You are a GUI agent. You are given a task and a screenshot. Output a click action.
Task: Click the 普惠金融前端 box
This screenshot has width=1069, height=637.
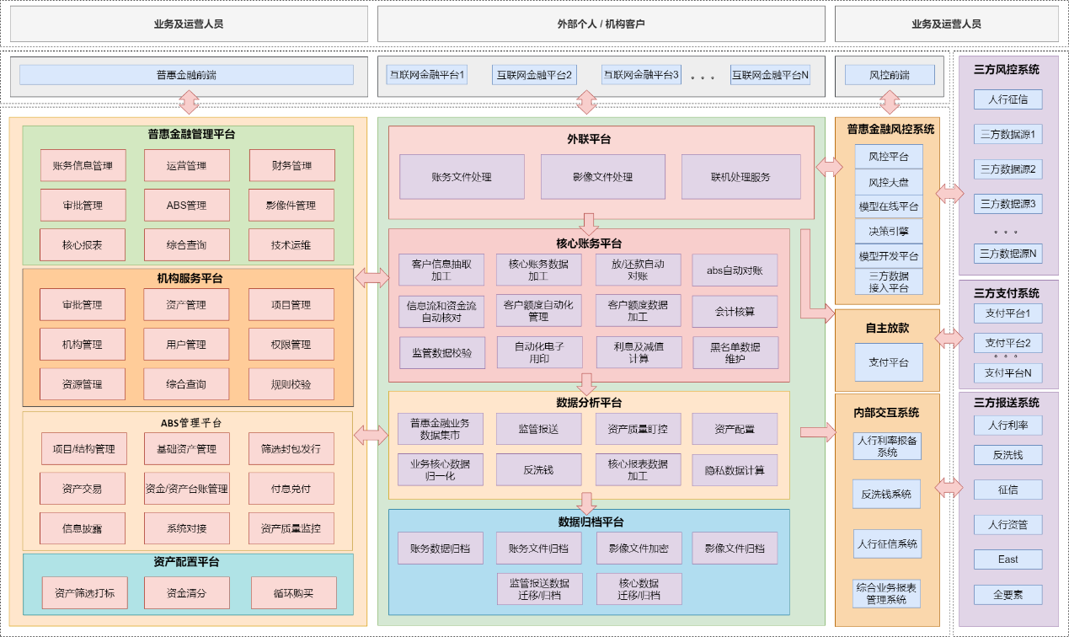[186, 75]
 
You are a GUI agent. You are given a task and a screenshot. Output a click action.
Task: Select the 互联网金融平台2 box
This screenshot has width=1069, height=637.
[533, 75]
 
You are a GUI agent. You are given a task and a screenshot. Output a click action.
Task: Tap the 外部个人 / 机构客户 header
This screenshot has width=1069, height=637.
[601, 24]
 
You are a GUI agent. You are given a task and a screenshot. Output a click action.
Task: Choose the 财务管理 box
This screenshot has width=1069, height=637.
[291, 165]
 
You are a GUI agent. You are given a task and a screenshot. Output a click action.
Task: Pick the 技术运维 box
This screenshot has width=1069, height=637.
[291, 245]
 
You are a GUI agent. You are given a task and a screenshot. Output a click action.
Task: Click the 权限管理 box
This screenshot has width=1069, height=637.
[291, 345]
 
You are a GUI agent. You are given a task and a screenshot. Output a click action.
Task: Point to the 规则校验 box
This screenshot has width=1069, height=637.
[291, 384]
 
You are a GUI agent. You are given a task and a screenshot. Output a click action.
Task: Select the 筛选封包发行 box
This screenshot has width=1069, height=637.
[291, 449]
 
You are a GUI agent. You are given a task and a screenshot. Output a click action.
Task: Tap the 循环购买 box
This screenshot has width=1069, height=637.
[293, 593]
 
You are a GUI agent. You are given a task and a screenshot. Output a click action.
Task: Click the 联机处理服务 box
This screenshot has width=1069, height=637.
[740, 177]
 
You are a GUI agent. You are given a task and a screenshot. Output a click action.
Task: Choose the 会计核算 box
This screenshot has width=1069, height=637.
[735, 312]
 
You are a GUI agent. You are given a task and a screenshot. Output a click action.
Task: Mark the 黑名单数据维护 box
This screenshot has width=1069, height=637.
[735, 352]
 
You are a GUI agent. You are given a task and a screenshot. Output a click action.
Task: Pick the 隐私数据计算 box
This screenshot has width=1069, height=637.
[735, 470]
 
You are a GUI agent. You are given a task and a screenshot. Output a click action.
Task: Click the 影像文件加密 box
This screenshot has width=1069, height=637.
[638, 549]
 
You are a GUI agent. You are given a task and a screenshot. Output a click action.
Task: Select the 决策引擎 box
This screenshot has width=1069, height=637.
[888, 231]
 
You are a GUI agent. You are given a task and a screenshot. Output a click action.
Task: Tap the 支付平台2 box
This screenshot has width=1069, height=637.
[1008, 343]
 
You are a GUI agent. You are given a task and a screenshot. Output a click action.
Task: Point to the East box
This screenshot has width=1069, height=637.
[1008, 559]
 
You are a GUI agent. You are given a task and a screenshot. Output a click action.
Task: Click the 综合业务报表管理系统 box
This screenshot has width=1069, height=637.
[886, 593]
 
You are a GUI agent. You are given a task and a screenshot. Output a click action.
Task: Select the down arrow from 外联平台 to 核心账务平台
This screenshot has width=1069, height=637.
[589, 224]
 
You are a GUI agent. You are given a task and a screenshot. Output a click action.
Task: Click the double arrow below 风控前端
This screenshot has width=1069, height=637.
[890, 103]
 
